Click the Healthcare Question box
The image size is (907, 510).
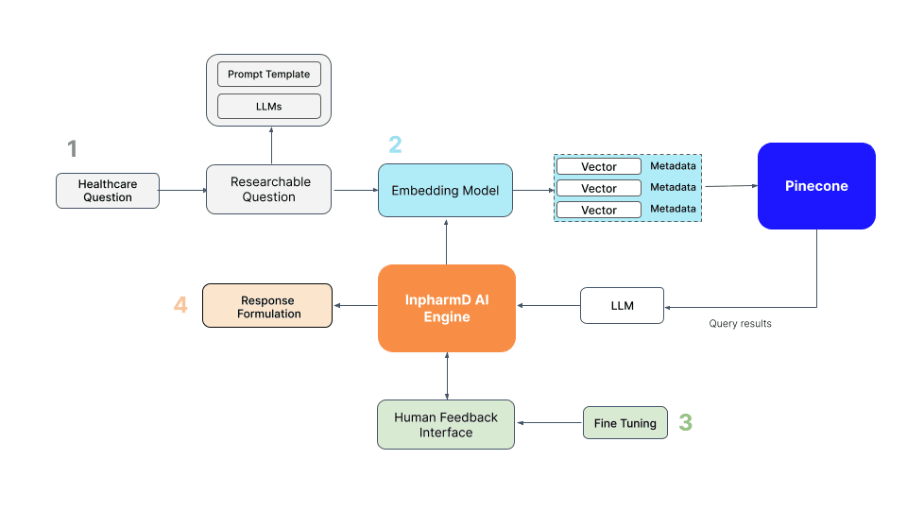107,191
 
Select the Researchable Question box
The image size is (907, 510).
269,190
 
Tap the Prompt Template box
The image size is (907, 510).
269,75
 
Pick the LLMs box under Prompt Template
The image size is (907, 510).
269,105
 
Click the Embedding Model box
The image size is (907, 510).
445,191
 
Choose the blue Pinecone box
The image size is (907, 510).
816,186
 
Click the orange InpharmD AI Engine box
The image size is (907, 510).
447,308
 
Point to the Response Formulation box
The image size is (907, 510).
267,306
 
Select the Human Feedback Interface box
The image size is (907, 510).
446,424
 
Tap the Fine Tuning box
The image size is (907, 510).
625,423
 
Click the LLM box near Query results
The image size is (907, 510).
622,305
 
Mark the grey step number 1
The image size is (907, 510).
72,148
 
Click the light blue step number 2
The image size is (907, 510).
395,144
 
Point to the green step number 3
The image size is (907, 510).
686,423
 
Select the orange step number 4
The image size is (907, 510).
180,305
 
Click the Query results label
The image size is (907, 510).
740,324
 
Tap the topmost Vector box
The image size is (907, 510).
599,167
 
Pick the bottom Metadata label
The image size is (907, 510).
673,209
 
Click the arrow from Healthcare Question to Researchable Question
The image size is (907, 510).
182,191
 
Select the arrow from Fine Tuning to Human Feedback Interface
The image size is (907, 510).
549,423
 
